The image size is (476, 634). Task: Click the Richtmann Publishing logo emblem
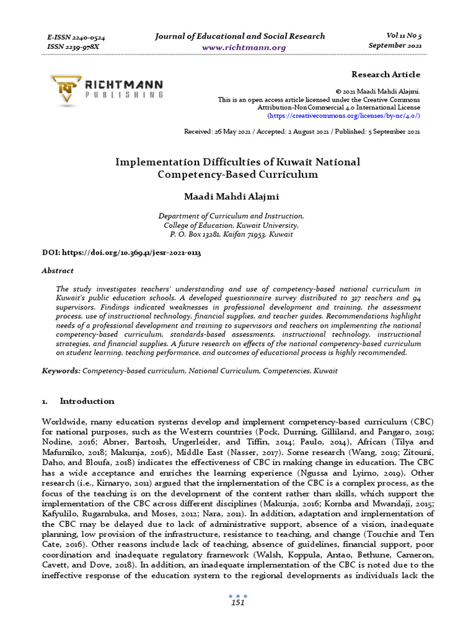[66, 88]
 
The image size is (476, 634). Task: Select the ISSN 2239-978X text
[73, 46]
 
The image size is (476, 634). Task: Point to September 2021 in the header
[395, 46]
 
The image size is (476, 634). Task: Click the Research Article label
[386, 74]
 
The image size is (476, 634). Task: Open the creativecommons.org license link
[343, 116]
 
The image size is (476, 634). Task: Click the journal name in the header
[239, 36]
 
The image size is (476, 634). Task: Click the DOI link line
[121, 254]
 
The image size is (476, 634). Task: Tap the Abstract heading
[57, 271]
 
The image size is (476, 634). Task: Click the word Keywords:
[61, 370]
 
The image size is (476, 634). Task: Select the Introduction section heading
[87, 401]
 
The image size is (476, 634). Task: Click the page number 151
[237, 602]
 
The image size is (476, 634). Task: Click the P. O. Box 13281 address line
[231, 235]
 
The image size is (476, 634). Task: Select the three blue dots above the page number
[237, 594]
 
